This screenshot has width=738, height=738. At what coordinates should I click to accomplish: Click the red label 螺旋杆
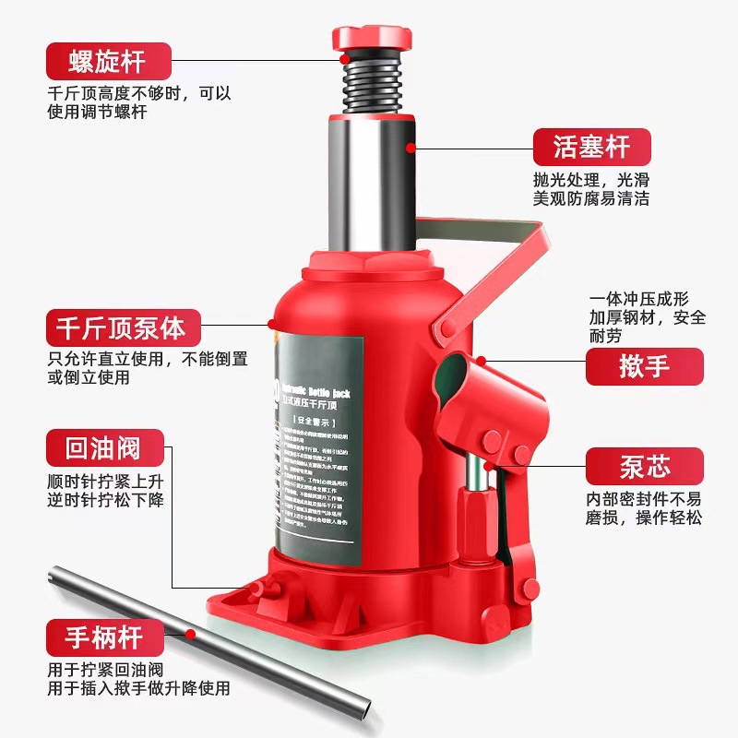pyautogui.click(x=108, y=62)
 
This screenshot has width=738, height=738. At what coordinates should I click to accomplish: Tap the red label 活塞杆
pyautogui.click(x=591, y=147)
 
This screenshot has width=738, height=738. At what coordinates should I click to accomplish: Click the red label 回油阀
pyautogui.click(x=105, y=449)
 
